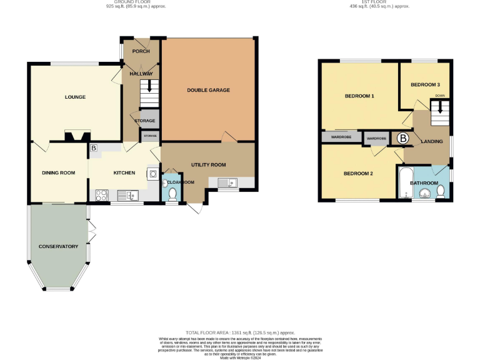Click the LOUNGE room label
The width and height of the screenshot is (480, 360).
(x=75, y=97)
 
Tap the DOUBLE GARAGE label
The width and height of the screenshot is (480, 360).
(x=208, y=90)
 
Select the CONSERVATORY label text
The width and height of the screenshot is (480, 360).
(x=58, y=246)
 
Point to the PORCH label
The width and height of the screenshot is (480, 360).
(x=141, y=51)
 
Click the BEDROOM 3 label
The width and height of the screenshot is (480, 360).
(x=425, y=84)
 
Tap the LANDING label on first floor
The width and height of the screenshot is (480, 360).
(x=432, y=141)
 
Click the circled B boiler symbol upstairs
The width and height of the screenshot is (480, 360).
(x=403, y=138)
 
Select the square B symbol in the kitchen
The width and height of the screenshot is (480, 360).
(x=94, y=149)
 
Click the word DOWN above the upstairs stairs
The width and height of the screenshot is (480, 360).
(x=440, y=96)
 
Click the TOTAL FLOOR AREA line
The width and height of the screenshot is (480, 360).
(x=240, y=332)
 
